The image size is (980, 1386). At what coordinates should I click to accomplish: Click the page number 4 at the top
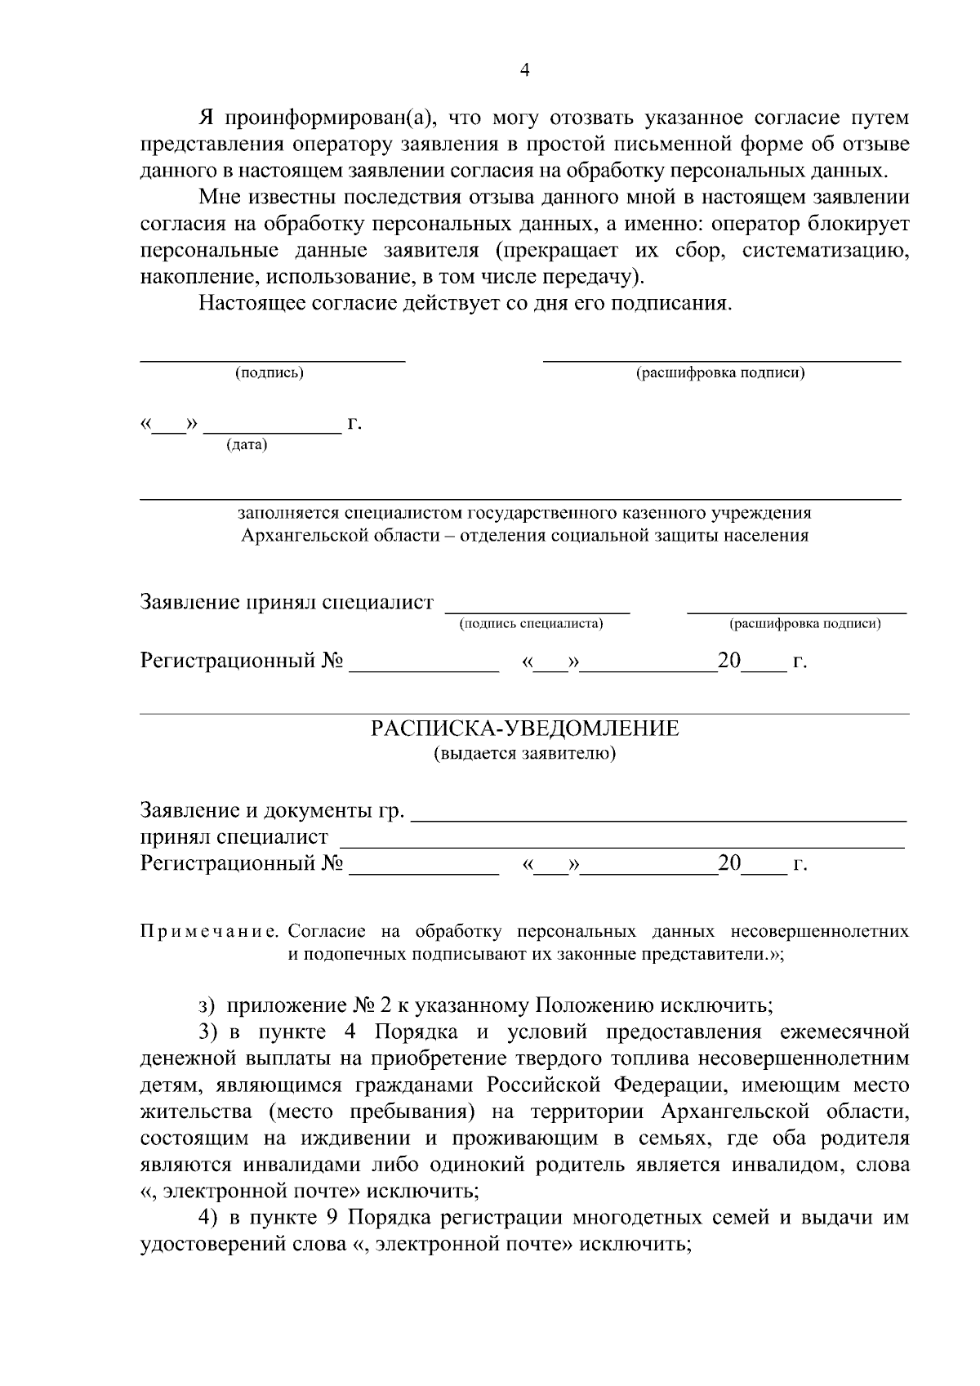point(525,71)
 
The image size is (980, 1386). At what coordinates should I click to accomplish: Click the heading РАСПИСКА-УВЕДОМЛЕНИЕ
point(525,729)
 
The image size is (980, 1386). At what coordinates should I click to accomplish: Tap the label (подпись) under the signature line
point(269,373)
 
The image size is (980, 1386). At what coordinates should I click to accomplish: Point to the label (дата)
point(247,445)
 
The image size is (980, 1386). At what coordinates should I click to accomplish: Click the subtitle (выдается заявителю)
point(525,752)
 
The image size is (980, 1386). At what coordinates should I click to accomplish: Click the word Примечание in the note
point(212,931)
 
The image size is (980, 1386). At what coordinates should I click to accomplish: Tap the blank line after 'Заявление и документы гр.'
point(658,818)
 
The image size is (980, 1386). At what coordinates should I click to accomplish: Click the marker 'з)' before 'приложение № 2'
point(207,1005)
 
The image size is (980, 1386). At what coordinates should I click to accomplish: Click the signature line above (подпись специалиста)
point(537,611)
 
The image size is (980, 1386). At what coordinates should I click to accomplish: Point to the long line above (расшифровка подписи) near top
point(722,359)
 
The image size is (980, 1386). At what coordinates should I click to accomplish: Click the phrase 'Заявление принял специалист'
point(287,603)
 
